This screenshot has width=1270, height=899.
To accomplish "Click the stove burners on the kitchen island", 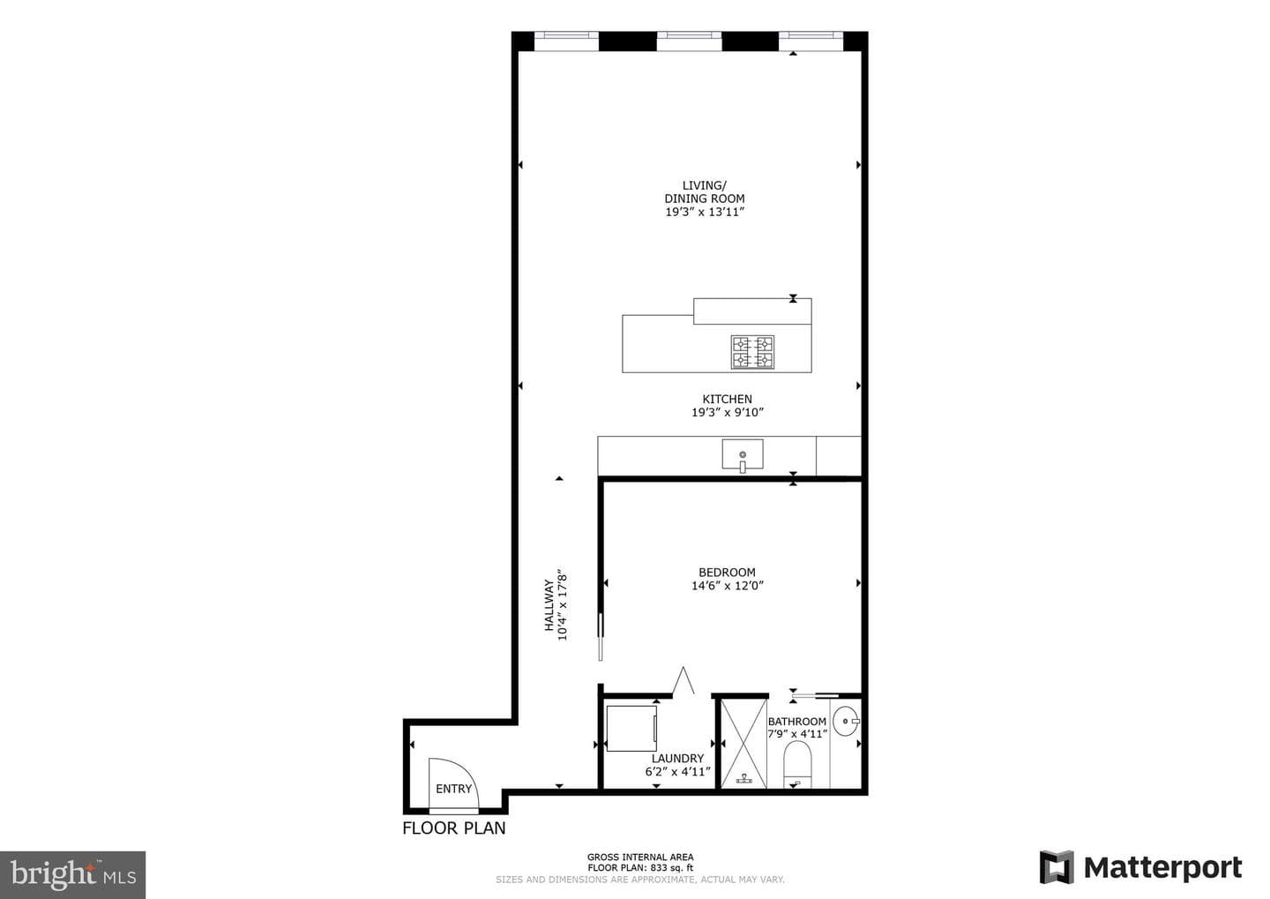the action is coord(752,352).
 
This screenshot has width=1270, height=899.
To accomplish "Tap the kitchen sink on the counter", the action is coord(743,454).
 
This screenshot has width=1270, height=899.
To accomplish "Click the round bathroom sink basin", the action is coord(847,721).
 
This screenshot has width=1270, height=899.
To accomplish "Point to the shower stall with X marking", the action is coord(743,744).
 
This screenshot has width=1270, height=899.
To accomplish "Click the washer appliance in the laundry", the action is coord(631,728).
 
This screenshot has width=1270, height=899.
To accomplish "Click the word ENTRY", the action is coord(453,789).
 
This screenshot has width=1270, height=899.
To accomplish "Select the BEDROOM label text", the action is coord(727,573).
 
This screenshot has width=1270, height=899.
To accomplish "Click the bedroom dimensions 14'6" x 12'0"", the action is coord(728,585).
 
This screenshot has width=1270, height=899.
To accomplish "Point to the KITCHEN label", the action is coord(727,399).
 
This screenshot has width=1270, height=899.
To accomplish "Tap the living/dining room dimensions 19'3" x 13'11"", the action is coord(704,212).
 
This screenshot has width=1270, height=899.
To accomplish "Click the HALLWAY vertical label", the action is coord(549,605).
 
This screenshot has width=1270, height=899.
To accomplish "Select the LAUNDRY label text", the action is coord(677,759).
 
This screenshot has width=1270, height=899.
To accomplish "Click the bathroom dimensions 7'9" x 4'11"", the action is coord(797,734).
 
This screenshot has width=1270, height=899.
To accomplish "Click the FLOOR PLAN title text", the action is coord(453,828).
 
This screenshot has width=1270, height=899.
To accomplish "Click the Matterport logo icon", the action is coord(1057,867).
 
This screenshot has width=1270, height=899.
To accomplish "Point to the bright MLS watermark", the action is coord(73,874).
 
